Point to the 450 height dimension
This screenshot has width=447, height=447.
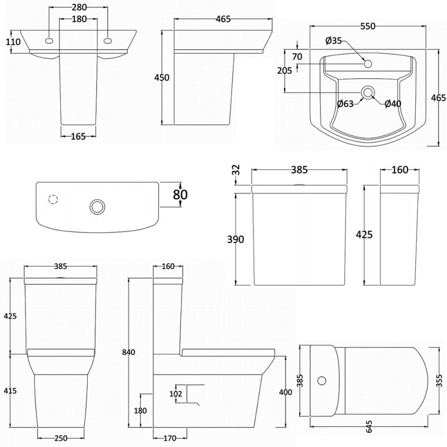click(x=161, y=78)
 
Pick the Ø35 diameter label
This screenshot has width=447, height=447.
click(x=334, y=40)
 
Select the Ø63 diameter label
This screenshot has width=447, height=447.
click(x=345, y=103)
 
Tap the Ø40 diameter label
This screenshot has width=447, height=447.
click(x=392, y=103)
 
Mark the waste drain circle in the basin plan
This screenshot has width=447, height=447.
click(x=367, y=92)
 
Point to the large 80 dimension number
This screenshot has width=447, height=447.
click(x=180, y=194)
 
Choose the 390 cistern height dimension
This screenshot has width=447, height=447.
click(x=236, y=239)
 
